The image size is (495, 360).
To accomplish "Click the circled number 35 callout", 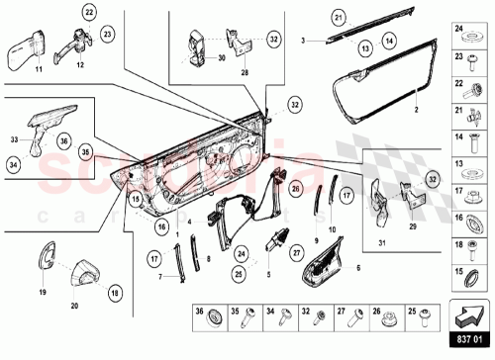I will click(x=86, y=151).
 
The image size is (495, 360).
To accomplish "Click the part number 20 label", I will click(x=75, y=306).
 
